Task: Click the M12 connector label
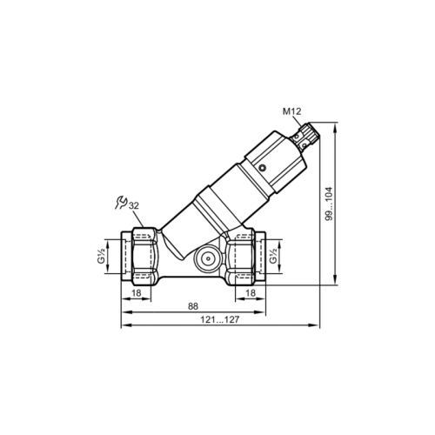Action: point(291,111)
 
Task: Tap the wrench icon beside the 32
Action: point(120,203)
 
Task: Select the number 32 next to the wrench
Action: point(134,204)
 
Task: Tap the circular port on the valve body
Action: point(205,258)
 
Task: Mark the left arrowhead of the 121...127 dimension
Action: point(122,327)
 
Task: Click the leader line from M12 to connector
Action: point(299,121)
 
